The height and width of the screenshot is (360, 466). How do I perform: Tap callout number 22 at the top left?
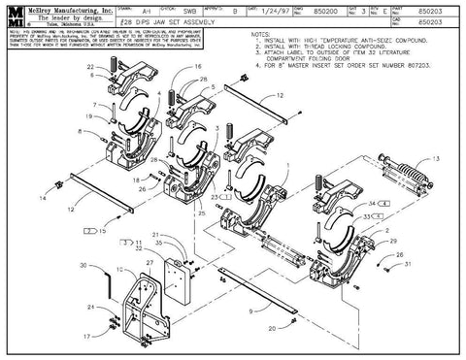pyautogui.click(x=91, y=68)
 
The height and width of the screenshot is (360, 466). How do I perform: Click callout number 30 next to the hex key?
pyautogui.click(x=83, y=264)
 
